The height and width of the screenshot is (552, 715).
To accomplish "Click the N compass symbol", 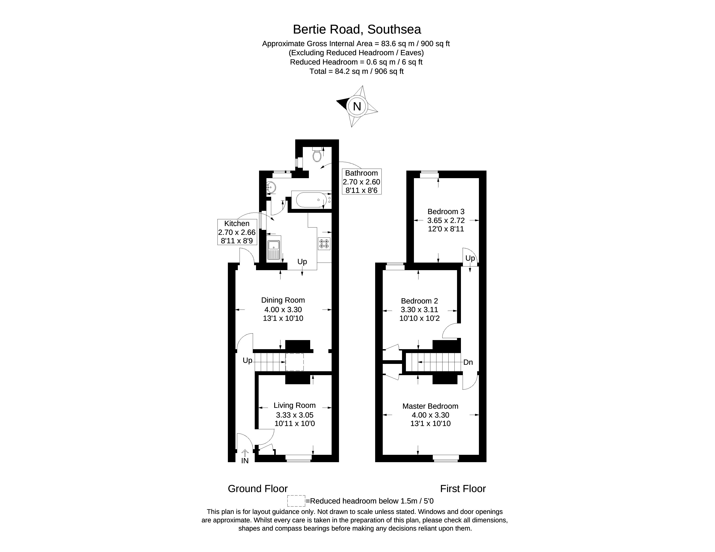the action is tap(357, 106).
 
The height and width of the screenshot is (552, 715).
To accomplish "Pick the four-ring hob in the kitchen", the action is tap(324, 244).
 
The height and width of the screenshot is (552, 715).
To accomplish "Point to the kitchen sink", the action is tap(273, 250).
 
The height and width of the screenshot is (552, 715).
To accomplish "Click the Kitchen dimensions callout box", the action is tap(237, 232).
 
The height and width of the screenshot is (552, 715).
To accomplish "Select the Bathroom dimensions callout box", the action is tap(362, 182).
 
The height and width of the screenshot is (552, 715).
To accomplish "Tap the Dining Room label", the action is tap(283, 300).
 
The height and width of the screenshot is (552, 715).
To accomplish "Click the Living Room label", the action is tap(295, 405).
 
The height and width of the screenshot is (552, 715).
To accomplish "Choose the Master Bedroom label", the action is tap(430, 406).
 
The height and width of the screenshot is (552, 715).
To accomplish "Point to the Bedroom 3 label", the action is tap(446, 212).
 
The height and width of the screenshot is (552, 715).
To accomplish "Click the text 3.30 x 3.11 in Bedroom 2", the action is tap(419, 310).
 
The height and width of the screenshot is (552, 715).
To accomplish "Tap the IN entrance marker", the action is tap(245, 461).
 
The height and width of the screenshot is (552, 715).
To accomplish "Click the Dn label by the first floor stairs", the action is tap(468, 362).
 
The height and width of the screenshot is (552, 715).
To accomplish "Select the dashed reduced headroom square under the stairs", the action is tap(295, 362).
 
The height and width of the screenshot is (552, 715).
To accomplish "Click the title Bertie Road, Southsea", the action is tap(357, 29).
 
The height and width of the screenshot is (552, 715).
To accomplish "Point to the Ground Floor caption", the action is tap(258, 489).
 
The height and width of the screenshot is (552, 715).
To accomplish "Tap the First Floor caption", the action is tap(463, 489).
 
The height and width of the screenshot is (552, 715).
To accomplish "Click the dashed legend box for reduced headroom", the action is tap(296, 501).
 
